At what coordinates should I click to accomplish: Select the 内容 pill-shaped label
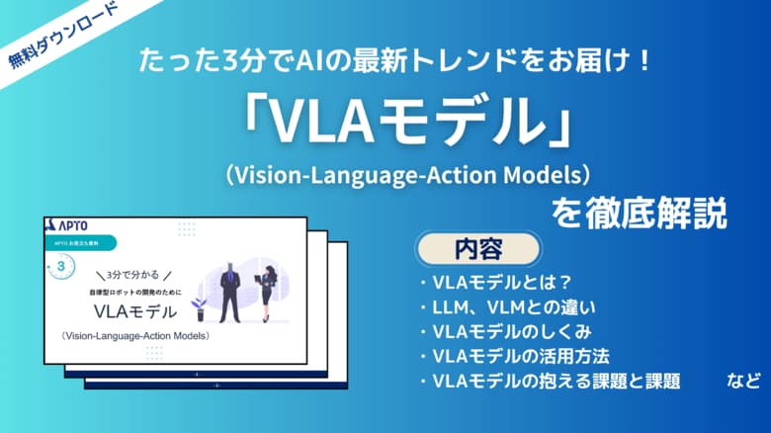pos(478,247)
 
